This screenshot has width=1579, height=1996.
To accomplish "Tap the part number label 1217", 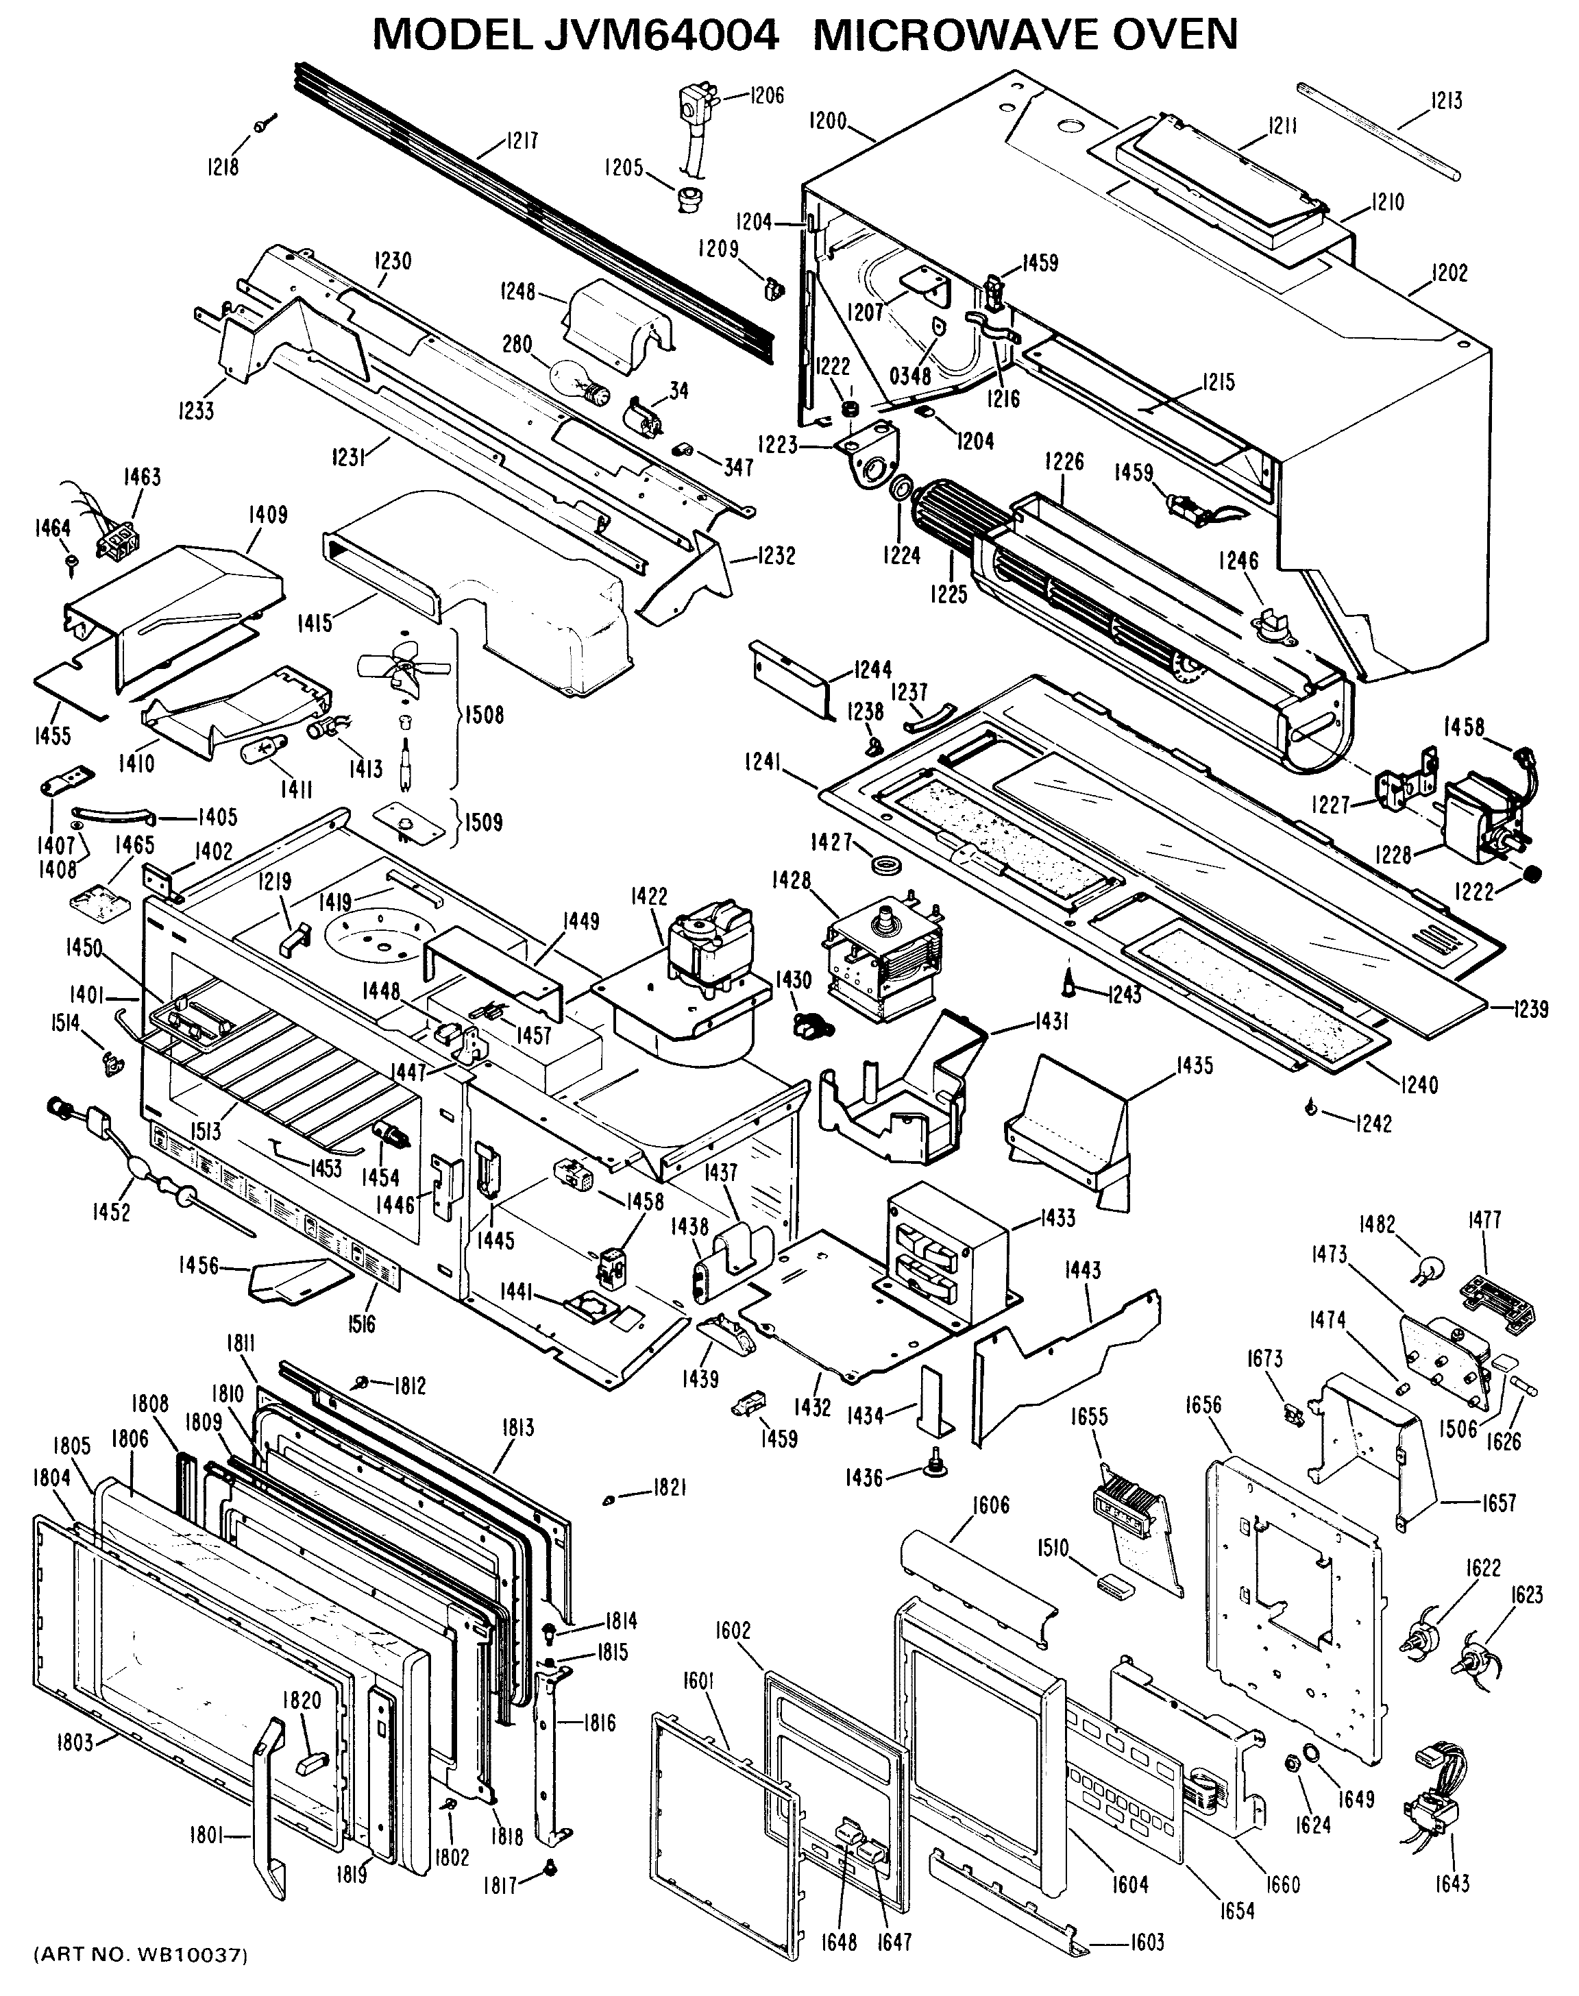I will coord(522,141).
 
